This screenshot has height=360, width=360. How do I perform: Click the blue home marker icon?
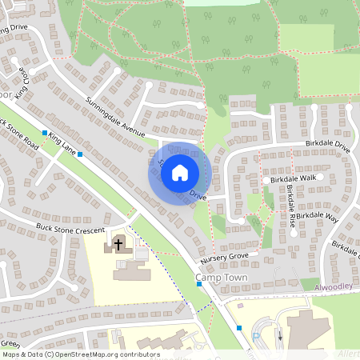point(180,172)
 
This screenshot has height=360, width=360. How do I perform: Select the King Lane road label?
point(66,145)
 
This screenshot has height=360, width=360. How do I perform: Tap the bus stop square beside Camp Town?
point(198,283)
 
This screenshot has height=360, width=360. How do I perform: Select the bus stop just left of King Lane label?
point(45,133)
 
